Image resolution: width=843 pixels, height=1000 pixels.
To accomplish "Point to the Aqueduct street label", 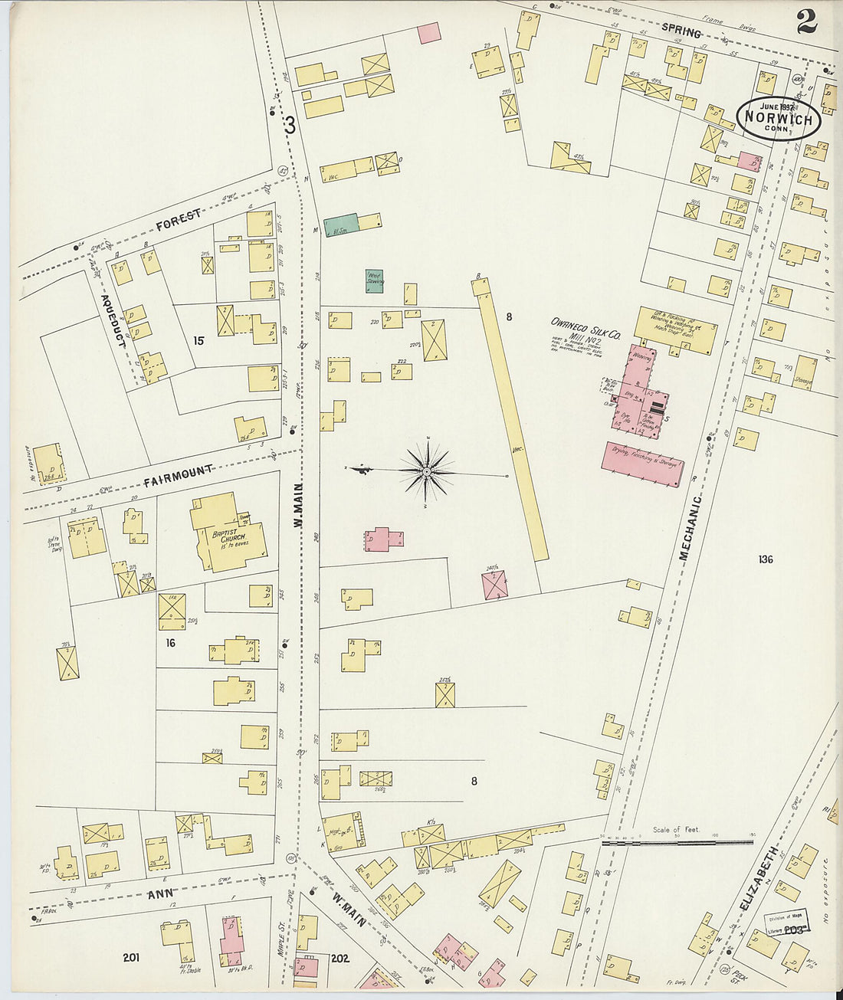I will click(x=113, y=320).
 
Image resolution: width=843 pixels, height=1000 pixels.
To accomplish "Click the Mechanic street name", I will click(x=691, y=529).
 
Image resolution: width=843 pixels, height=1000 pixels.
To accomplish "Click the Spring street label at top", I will click(x=681, y=33).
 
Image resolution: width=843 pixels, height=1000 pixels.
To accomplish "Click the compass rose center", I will click(x=426, y=470).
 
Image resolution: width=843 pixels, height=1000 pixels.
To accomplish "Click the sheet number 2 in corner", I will click(x=805, y=21).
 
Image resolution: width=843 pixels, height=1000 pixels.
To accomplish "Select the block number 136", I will click(x=765, y=559).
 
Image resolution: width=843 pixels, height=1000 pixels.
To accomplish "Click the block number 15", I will click(x=198, y=341).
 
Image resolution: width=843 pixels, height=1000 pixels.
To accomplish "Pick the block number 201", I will click(x=130, y=957).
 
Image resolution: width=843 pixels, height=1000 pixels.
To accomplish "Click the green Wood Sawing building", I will click(x=374, y=280).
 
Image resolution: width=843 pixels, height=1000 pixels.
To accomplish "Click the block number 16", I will click(x=170, y=643).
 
